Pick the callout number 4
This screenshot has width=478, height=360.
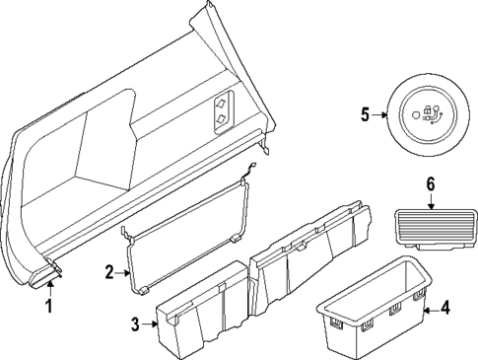click(x=444, y=310)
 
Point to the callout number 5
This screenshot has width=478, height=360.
click(x=364, y=113)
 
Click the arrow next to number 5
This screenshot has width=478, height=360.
click(x=378, y=113)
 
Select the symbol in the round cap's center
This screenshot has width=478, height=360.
click(x=429, y=113)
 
